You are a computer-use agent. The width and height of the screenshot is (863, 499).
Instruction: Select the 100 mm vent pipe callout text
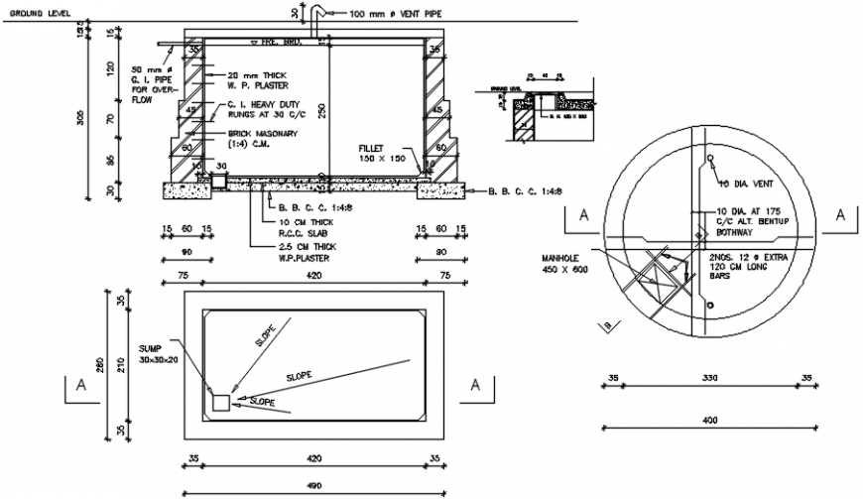394,15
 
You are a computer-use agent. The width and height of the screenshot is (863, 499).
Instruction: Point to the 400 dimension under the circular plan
709,421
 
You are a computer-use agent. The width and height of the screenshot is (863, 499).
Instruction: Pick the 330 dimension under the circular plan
709,378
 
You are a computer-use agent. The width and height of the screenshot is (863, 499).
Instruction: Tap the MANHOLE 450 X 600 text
564,262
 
